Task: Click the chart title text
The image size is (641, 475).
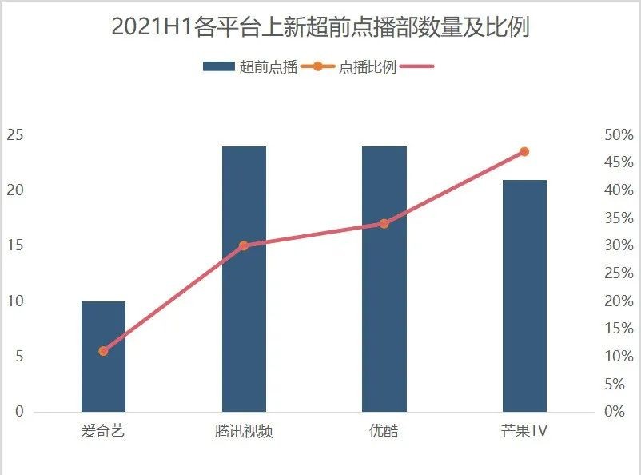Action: (320, 27)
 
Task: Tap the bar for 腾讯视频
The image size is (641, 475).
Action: (244, 279)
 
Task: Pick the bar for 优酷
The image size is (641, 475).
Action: (384, 279)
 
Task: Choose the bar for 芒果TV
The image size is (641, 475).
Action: (524, 296)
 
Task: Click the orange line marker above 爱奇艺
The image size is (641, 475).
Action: (103, 351)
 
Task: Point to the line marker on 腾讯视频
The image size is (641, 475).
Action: (244, 245)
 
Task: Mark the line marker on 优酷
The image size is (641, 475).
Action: (384, 224)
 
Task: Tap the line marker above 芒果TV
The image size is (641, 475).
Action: (524, 151)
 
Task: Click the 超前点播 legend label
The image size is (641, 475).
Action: (269, 67)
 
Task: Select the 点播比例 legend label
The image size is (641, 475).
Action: (368, 67)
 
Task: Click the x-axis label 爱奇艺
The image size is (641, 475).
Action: (103, 432)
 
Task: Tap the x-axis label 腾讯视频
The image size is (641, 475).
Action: (244, 432)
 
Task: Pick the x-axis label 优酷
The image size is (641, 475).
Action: (384, 432)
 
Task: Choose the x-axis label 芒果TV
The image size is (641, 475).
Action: (524, 432)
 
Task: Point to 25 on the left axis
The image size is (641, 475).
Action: (14, 135)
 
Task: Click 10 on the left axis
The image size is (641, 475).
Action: (14, 301)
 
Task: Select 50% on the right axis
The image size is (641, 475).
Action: (619, 135)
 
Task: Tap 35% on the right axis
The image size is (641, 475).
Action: (619, 218)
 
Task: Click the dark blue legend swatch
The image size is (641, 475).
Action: (219, 67)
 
